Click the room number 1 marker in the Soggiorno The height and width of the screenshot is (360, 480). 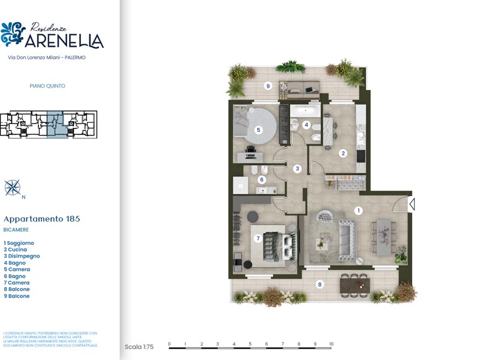(x=359, y=211)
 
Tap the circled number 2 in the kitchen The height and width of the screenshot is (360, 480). (x=343, y=153)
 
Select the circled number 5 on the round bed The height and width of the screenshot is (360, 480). (x=259, y=130)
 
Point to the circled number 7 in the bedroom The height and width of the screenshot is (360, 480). (x=259, y=238)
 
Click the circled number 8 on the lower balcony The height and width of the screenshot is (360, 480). (x=320, y=284)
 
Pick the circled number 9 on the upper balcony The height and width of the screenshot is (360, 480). (x=268, y=86)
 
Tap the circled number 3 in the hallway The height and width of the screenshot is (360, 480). (x=296, y=169)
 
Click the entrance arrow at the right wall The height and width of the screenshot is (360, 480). (x=412, y=205)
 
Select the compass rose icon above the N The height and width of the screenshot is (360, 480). (x=13, y=187)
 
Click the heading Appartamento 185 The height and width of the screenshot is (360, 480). (x=41, y=219)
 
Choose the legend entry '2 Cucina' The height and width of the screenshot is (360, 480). (x=16, y=250)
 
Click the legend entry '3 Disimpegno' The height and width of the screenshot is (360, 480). (x=22, y=256)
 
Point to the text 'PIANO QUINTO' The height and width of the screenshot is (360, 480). (x=47, y=86)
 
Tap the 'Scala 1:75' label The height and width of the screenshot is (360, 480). (x=139, y=347)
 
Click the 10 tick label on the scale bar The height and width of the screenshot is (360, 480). (x=331, y=344)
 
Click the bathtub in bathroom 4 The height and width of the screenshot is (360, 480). (x=305, y=110)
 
